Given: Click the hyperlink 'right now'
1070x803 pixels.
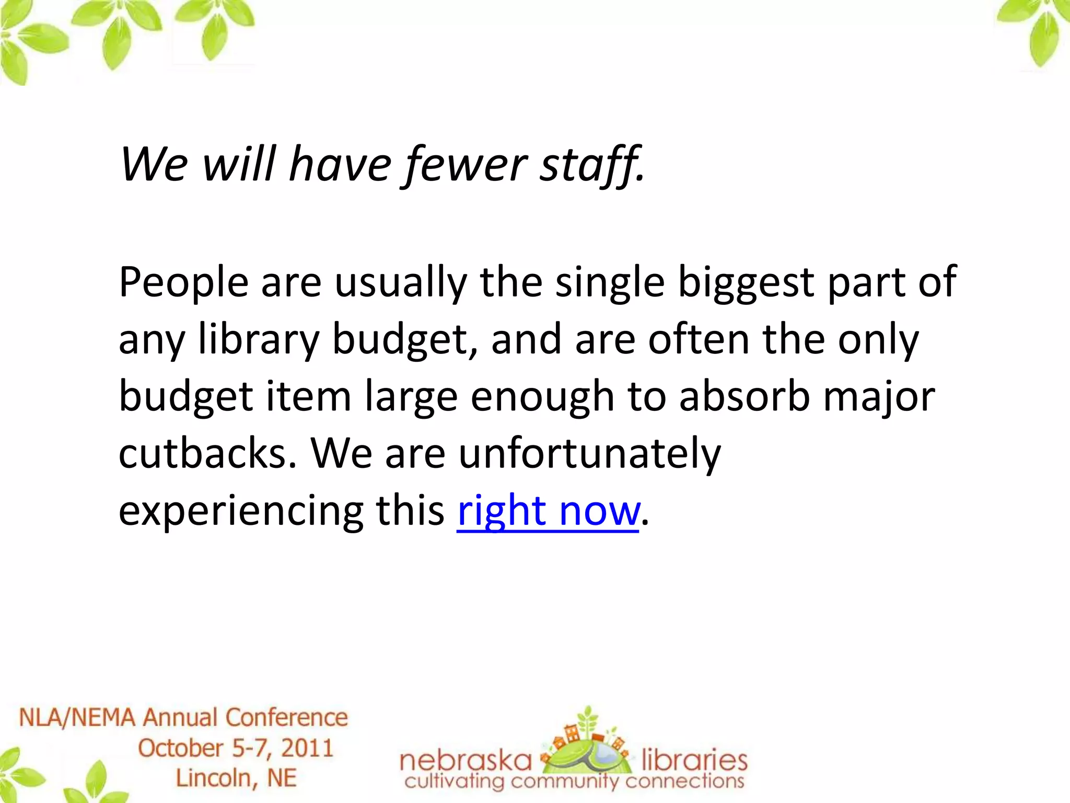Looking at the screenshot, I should coord(548,511).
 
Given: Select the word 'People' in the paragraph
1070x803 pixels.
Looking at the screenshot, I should coord(183,282).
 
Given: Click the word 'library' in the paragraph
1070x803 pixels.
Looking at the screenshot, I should coord(259,340).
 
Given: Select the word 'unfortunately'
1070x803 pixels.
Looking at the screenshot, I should coord(589,453).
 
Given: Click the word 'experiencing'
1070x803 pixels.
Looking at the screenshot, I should coord(241,511).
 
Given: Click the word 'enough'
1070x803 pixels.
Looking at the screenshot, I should coord(542,396).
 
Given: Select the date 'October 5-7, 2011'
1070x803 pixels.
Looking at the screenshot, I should coord(236,748).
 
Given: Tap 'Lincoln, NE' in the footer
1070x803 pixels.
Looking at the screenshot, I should coord(236,778).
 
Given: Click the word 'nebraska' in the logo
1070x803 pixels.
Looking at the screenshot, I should coord(466,760).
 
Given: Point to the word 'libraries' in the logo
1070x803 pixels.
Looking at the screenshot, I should coord(694,760).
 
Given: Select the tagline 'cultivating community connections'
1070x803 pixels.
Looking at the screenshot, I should coord(574,783).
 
